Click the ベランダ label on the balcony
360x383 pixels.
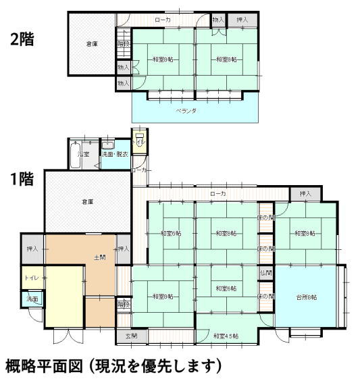(186, 109)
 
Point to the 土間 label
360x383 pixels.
(97, 258)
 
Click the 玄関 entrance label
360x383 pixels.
(131, 335)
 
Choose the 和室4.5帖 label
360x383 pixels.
(226, 336)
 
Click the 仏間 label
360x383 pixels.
(266, 274)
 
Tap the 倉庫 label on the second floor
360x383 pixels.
(92, 44)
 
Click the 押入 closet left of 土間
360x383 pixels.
(32, 249)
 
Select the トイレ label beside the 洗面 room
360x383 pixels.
(32, 278)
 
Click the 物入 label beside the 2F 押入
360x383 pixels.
(217, 20)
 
